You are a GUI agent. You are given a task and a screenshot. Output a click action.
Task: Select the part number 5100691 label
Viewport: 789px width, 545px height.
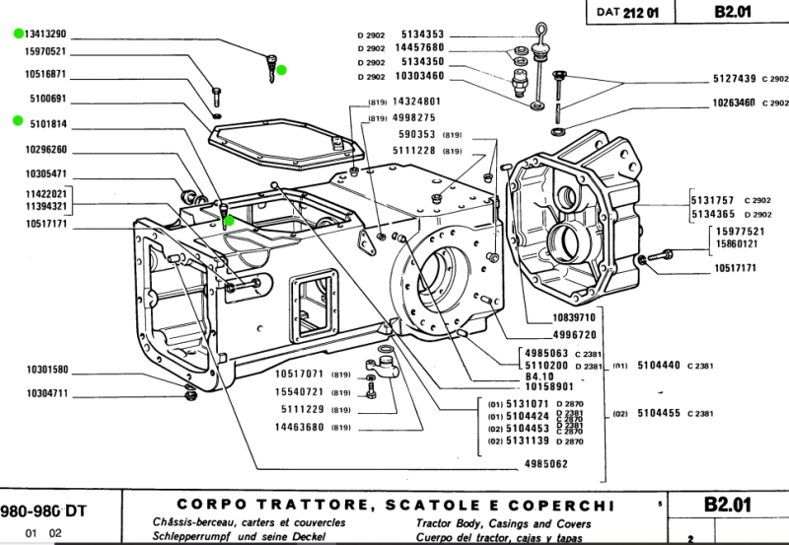tap(46, 99)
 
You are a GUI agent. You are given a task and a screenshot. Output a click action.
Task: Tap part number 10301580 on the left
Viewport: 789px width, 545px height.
tap(46, 371)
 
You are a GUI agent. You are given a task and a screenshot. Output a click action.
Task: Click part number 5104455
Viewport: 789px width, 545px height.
tap(663, 414)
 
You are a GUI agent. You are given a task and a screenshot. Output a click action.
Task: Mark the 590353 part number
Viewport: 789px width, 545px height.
tap(415, 134)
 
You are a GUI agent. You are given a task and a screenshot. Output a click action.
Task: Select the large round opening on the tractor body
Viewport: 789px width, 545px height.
tap(435, 276)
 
